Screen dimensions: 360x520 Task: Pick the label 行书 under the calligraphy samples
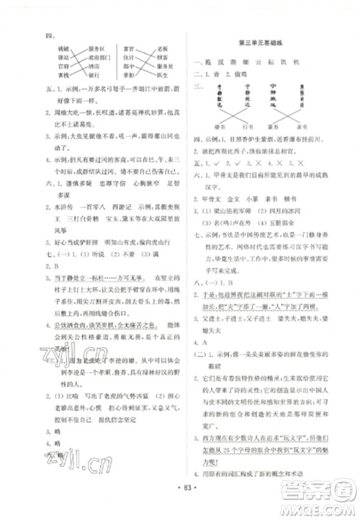click(x=249, y=127)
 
